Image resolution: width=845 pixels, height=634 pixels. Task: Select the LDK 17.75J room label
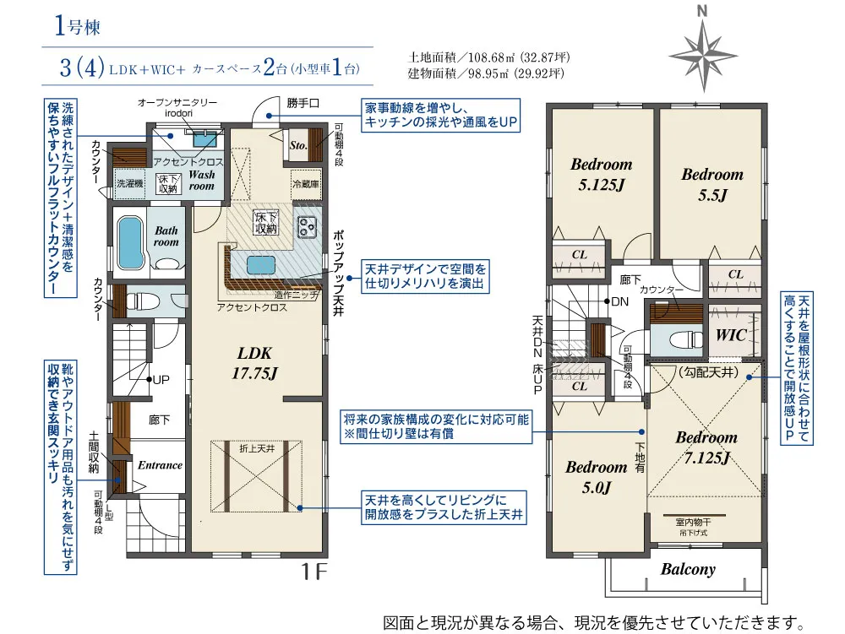click(x=254, y=362)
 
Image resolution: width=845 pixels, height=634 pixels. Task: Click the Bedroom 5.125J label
click(x=601, y=174)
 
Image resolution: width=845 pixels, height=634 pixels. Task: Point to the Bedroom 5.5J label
click(x=711, y=184)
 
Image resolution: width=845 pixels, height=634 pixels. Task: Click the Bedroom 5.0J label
click(x=596, y=477)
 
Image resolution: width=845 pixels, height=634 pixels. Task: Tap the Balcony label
click(x=688, y=569)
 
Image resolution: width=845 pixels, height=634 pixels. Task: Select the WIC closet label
click(x=731, y=335)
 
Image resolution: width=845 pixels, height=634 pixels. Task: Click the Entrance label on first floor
click(x=160, y=465)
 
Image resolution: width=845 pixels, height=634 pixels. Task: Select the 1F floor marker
click(x=313, y=572)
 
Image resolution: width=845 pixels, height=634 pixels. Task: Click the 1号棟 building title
click(x=77, y=28)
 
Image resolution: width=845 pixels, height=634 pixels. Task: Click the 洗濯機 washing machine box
click(x=130, y=182)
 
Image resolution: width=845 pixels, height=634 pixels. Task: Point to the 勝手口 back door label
click(x=303, y=104)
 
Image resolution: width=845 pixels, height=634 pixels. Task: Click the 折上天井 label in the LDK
click(x=256, y=448)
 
